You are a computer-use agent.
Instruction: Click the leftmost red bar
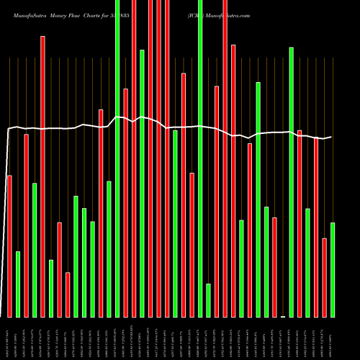9,246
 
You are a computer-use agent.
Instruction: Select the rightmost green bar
332,269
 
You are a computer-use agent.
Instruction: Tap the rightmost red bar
324,277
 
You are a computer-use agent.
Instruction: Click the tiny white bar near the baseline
283,316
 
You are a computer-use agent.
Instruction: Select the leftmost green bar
18,284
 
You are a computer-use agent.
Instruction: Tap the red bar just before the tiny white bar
274,266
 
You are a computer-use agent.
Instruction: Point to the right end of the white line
331,137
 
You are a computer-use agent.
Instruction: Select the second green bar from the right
307,262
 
